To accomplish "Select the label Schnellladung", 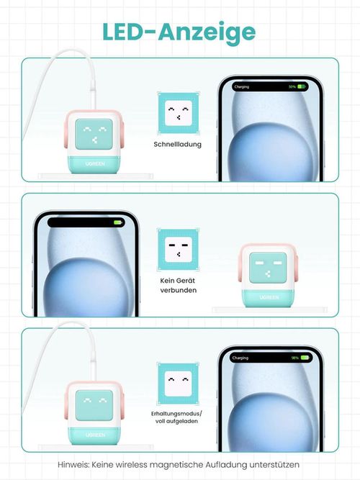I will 177,144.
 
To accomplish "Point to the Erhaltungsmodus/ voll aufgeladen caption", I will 178,417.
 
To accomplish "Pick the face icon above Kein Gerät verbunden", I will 177,249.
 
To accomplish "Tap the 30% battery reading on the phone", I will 292,86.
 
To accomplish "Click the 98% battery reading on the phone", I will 294,358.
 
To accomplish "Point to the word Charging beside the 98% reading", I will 240,358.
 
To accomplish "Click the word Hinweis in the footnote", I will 74,465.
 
